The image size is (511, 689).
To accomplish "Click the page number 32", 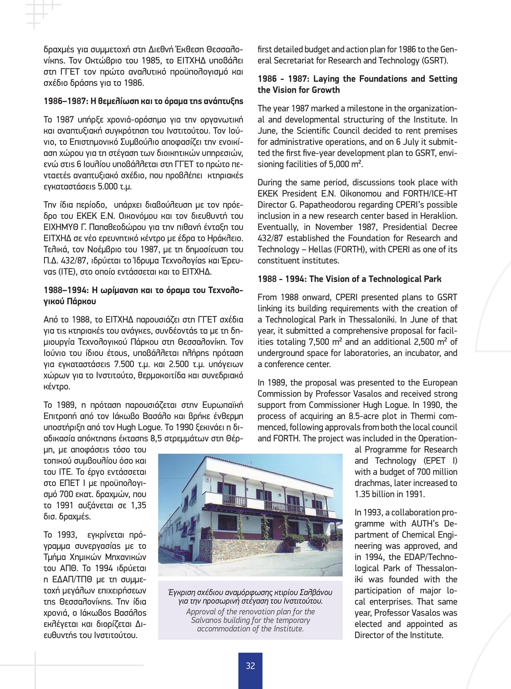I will [250, 666].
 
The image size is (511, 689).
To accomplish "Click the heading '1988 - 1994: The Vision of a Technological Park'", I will [350, 279].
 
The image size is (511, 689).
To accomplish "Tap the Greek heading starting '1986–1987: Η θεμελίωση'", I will [143, 101].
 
